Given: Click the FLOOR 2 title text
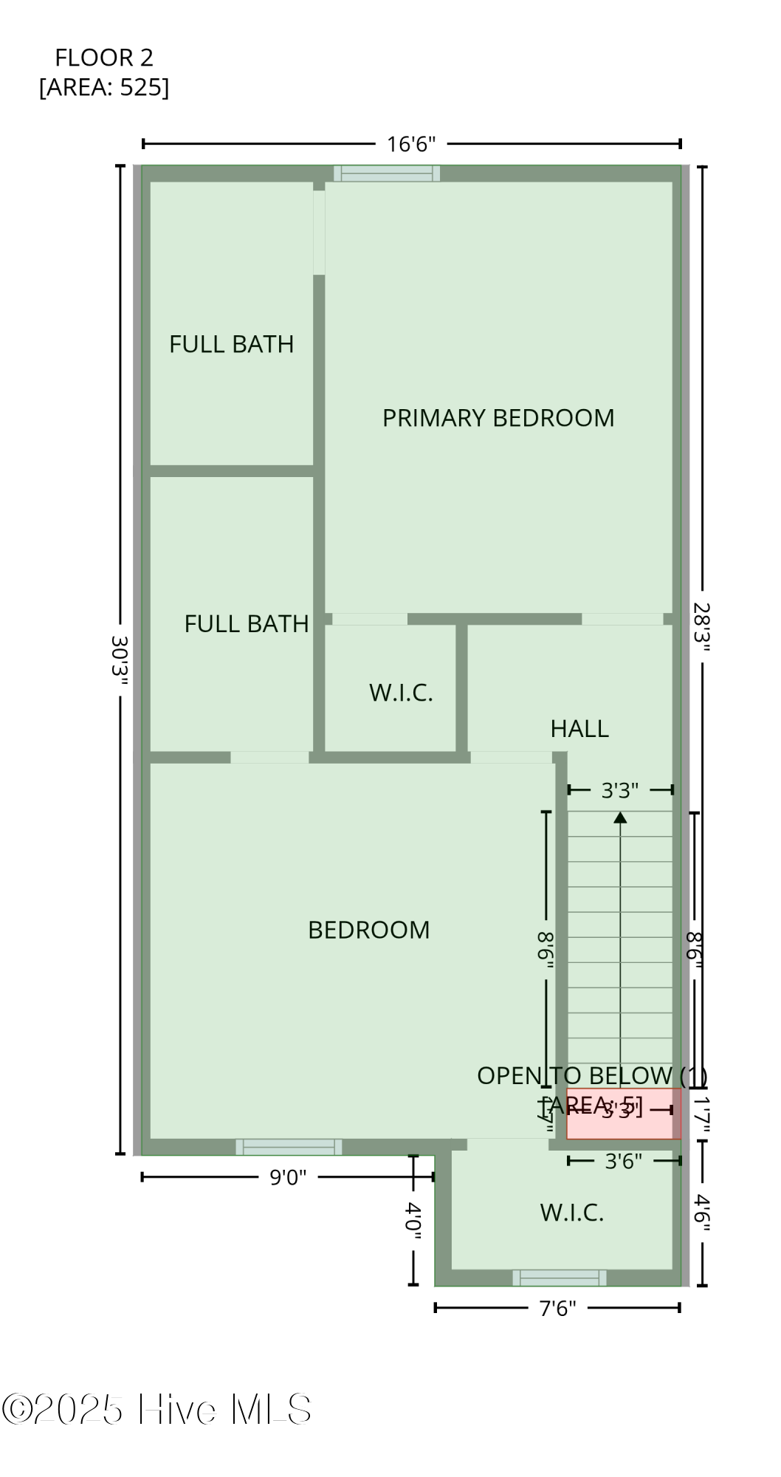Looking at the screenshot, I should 104,58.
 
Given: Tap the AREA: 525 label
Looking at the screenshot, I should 104,87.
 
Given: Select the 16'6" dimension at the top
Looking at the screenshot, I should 411,144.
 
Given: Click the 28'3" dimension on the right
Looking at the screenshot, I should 701,627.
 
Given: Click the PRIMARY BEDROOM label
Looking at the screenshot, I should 498,418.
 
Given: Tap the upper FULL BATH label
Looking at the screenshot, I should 231,344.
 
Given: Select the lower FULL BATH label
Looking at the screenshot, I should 246,624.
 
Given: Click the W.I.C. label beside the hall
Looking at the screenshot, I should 401,693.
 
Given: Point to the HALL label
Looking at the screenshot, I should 579,729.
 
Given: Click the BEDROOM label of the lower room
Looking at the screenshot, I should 368,930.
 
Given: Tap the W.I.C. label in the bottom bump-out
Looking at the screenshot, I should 572,1213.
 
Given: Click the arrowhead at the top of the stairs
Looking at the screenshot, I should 620,818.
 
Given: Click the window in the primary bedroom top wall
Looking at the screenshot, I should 387,174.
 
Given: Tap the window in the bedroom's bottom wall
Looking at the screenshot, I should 289,1147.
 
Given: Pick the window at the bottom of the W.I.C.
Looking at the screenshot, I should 560,1278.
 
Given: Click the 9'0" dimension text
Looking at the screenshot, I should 287,1177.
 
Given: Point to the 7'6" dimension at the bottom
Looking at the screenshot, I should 557,1309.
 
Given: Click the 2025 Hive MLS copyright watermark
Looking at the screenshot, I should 156,1410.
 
